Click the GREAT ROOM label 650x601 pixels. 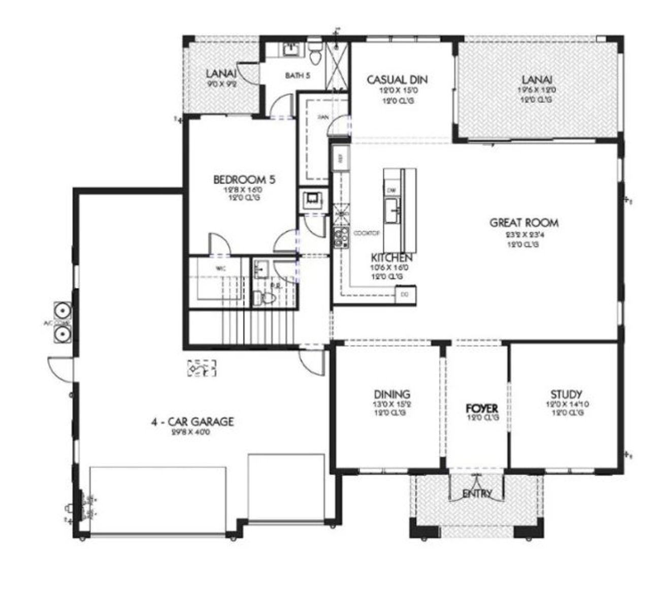click(x=524, y=222)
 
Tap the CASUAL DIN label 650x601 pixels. click(x=397, y=80)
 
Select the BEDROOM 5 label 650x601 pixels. click(x=244, y=180)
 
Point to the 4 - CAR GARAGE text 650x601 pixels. click(x=192, y=421)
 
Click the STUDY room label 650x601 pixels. click(x=566, y=394)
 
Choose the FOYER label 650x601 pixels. click(x=482, y=408)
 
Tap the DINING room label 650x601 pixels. click(x=392, y=394)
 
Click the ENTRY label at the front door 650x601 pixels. click(x=476, y=493)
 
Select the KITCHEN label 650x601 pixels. click(x=391, y=258)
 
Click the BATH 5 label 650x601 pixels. click(x=298, y=76)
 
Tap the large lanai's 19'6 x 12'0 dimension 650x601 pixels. click(x=536, y=90)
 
